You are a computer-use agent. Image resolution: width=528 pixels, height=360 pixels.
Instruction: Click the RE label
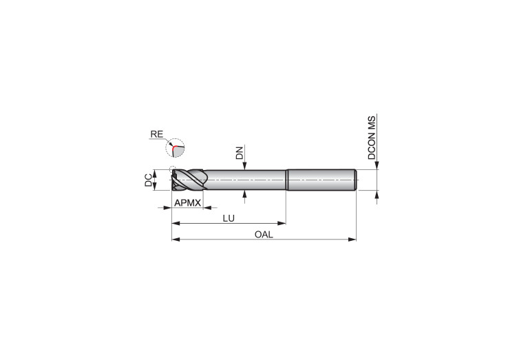156,134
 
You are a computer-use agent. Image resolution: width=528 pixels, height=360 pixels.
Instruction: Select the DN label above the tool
240,153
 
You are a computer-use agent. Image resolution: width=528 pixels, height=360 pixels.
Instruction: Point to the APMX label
187,203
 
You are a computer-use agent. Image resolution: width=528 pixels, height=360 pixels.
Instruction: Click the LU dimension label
229,218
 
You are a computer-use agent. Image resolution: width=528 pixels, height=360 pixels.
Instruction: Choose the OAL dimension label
264,235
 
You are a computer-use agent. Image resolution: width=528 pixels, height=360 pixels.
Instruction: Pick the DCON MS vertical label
372,138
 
